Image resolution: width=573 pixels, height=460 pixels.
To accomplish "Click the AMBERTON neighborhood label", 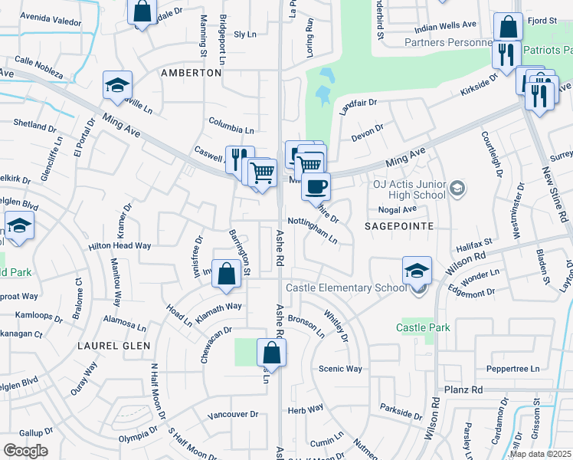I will (x=191, y=73).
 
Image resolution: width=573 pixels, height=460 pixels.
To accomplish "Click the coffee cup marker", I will (x=315, y=186).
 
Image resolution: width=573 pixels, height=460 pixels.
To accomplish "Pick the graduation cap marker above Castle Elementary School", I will (x=417, y=270).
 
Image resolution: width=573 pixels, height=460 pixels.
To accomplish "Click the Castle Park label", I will (x=423, y=327).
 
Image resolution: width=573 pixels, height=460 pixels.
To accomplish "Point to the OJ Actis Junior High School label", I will (x=409, y=189).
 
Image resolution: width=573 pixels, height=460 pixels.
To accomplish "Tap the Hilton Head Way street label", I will (x=120, y=245).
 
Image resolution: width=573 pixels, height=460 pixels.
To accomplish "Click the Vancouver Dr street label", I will (x=233, y=414).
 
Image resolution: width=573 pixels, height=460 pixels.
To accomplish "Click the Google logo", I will (x=25, y=450).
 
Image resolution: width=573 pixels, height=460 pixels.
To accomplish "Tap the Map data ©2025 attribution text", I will (x=540, y=454).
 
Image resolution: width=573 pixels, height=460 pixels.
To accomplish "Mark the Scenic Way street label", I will (x=340, y=369).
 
